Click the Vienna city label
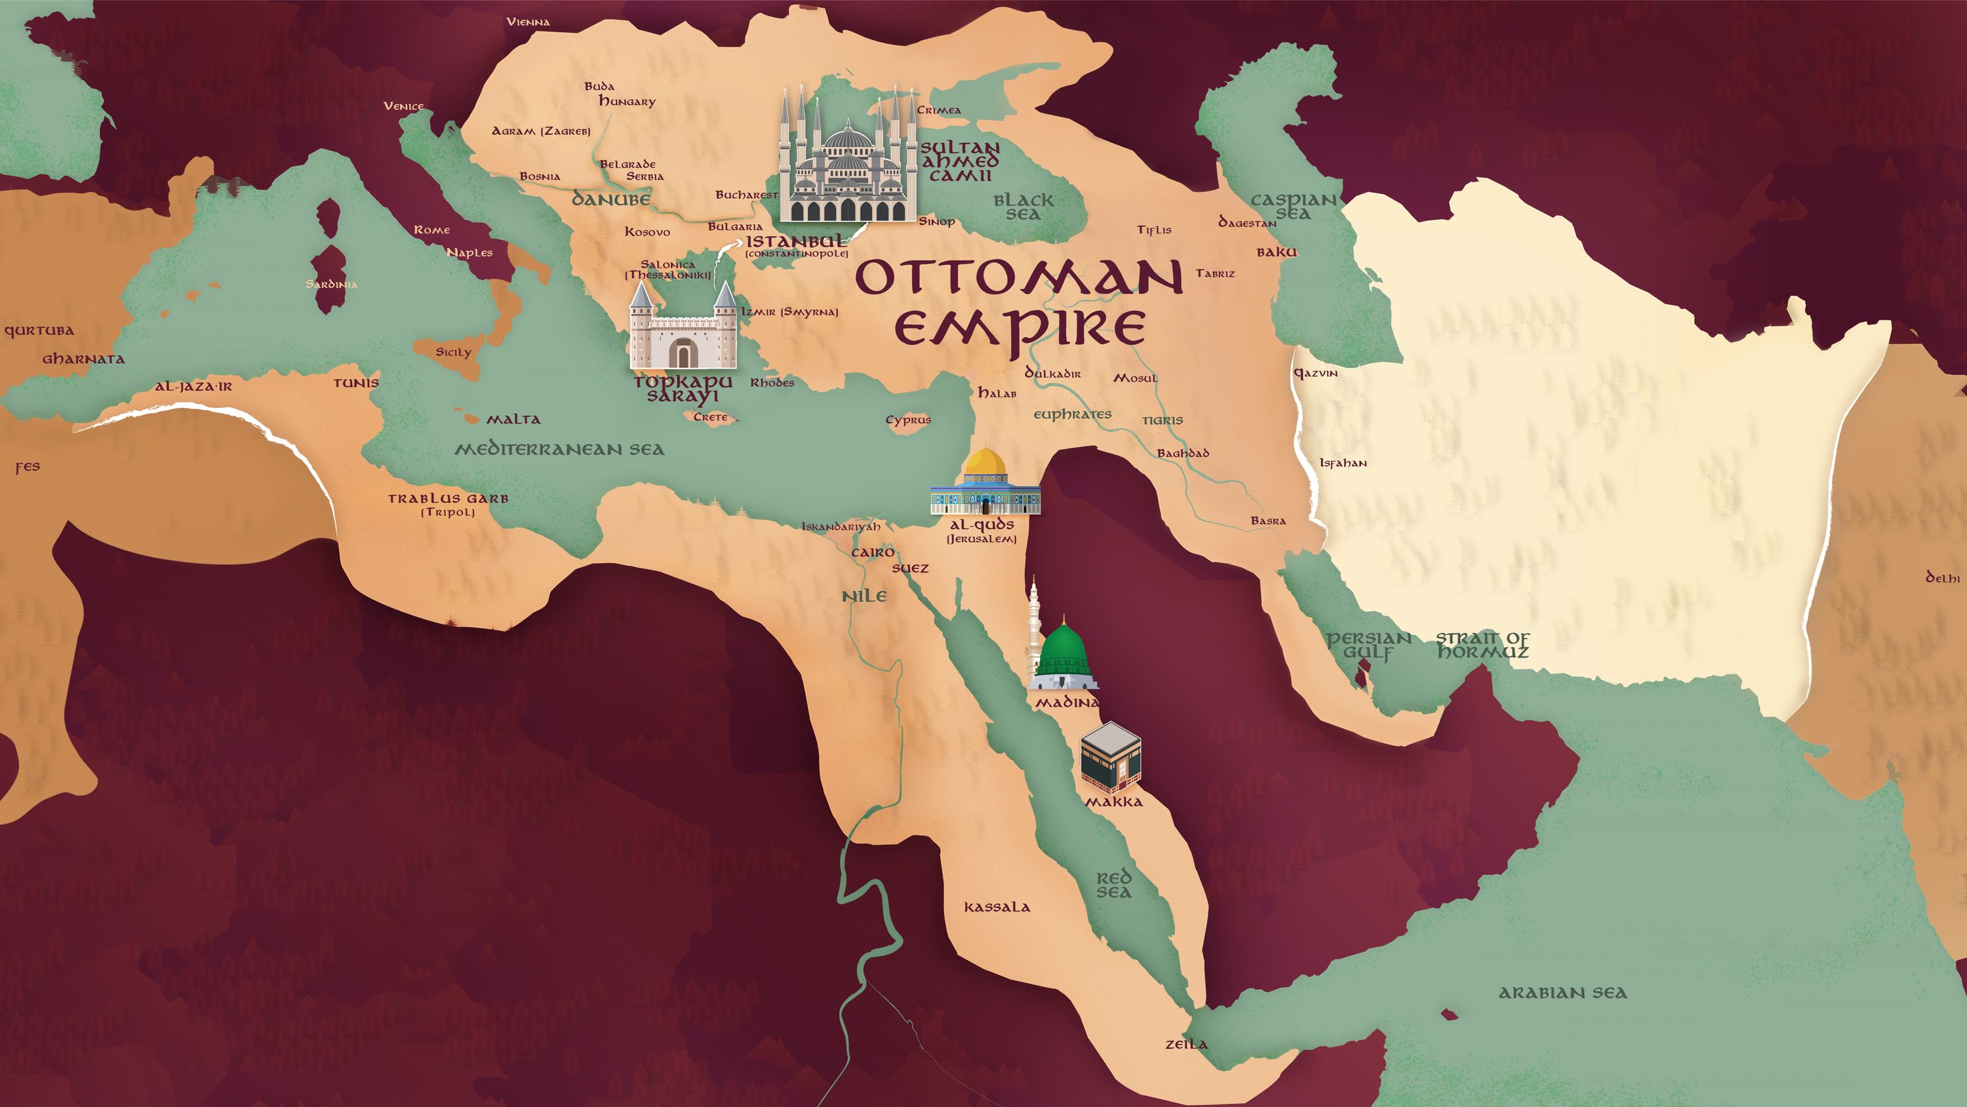pos(528,22)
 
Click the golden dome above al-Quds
pos(985,462)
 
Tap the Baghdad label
pos(1183,453)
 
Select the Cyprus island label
pos(908,420)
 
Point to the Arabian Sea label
pos(1562,993)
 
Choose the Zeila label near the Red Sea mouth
pos(1186,1044)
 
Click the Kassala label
pos(997,908)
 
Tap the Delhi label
pos(1943,578)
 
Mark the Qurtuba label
pos(39,331)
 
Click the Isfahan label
pos(1342,463)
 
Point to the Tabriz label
pos(1215,273)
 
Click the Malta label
pos(513,420)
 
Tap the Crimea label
pos(938,110)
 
